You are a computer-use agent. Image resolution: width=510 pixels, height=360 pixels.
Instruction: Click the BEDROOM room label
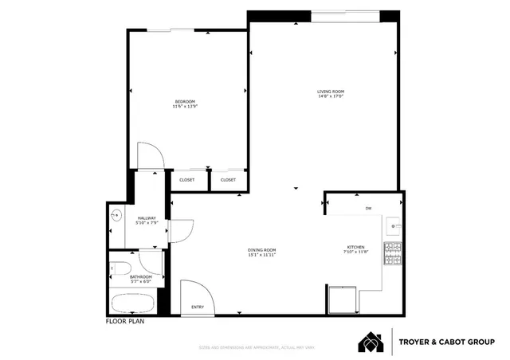pyautogui.click(x=185, y=100)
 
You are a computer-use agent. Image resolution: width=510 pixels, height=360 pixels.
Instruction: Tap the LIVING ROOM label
pyautogui.click(x=330, y=92)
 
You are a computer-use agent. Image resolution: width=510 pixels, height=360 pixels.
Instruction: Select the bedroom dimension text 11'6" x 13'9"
pyautogui.click(x=185, y=106)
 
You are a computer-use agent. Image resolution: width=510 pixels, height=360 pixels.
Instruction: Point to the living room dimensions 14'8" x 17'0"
pyautogui.click(x=330, y=97)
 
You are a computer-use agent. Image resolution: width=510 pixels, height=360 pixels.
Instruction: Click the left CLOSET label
pyautogui.click(x=186, y=180)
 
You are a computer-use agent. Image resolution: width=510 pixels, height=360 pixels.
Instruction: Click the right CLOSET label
pyautogui.click(x=228, y=180)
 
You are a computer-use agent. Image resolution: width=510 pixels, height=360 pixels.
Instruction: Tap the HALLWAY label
pyautogui.click(x=147, y=217)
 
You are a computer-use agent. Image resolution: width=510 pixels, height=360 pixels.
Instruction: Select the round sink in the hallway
pyautogui.click(x=116, y=214)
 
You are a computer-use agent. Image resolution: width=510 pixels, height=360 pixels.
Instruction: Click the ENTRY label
pyautogui.click(x=197, y=307)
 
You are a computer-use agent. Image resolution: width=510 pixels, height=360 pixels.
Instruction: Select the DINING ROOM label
pyautogui.click(x=261, y=251)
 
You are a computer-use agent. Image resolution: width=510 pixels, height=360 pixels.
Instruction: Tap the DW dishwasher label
pyautogui.click(x=368, y=208)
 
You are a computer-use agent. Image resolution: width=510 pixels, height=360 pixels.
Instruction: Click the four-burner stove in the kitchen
pyautogui.click(x=392, y=254)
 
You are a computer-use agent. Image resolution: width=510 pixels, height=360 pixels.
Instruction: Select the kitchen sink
pyautogui.click(x=394, y=226)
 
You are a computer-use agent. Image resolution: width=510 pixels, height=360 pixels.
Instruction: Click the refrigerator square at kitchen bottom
pyautogui.click(x=342, y=300)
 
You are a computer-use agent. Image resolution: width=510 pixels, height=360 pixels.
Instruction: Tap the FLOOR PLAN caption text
pyautogui.click(x=125, y=323)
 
